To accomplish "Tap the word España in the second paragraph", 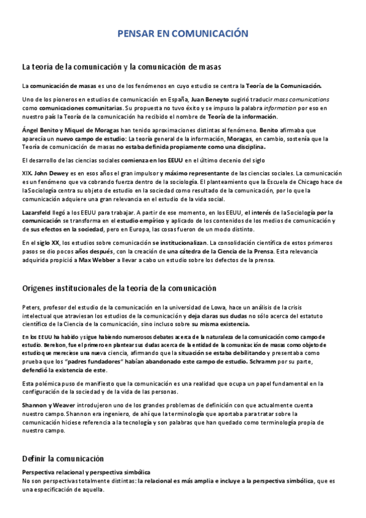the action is click(176, 99).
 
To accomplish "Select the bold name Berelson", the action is click(36, 345).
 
